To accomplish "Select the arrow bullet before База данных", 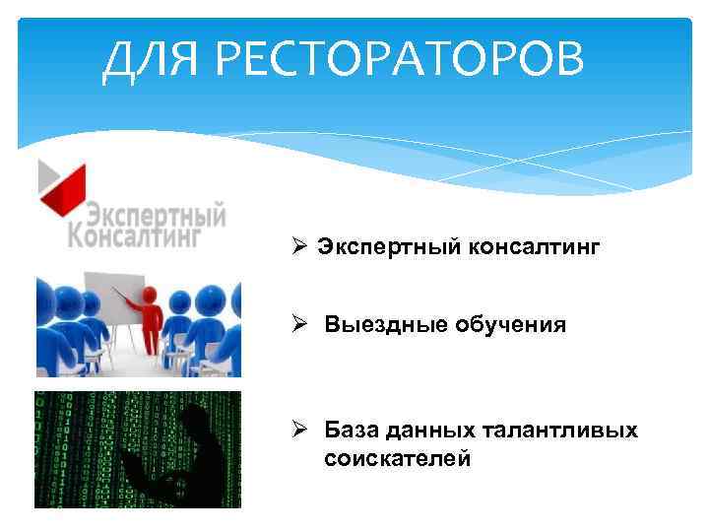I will tap(301, 431).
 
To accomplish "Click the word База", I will tap(353, 431).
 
